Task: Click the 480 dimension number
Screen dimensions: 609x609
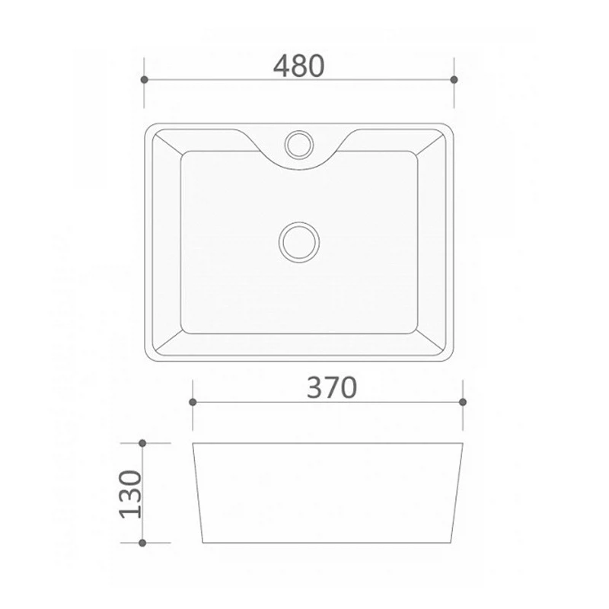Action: (x=298, y=66)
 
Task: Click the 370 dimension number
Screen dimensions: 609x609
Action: (x=332, y=387)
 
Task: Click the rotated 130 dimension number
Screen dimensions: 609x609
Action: (x=131, y=494)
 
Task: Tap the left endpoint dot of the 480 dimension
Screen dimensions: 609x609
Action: (x=144, y=80)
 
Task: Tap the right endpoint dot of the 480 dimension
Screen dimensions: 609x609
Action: (x=454, y=80)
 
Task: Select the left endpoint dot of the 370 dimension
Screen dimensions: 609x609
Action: (x=193, y=402)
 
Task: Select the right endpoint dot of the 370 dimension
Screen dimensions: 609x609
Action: (x=463, y=402)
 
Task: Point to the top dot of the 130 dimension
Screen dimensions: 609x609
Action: (x=142, y=443)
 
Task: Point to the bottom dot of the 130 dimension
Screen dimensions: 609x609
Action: (x=142, y=543)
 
